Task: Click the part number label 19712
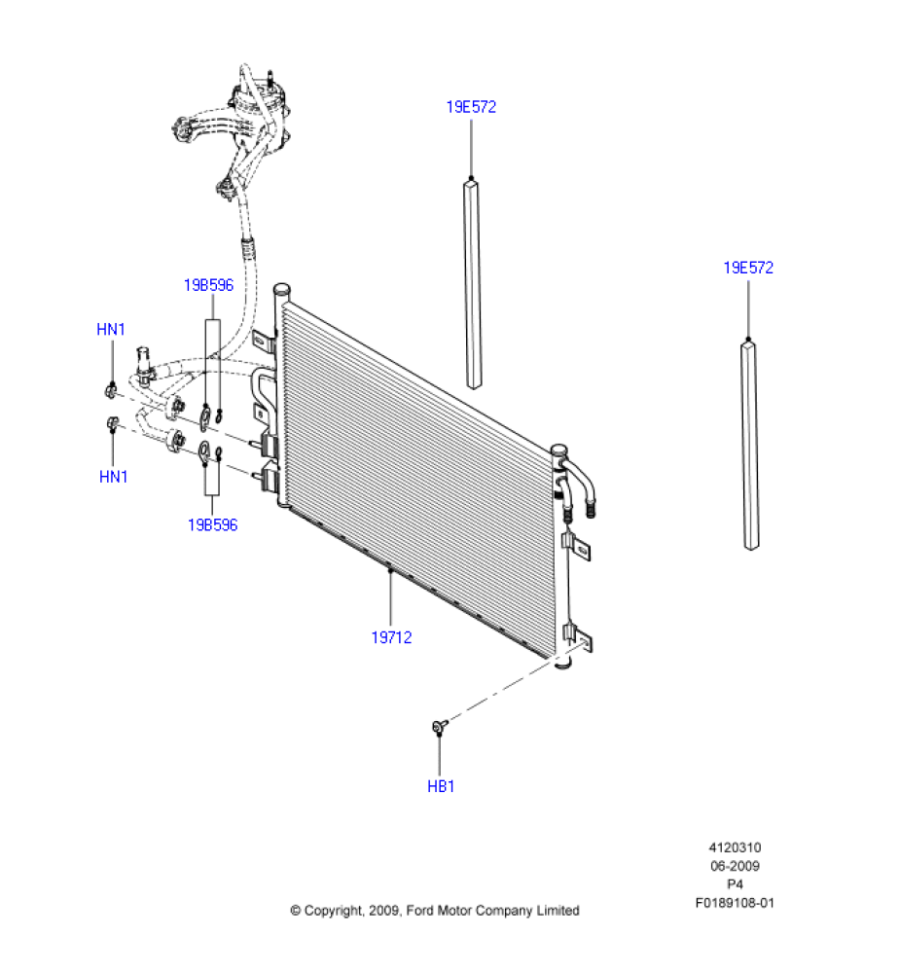391,638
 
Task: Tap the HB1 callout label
441,786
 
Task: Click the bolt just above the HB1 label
438,726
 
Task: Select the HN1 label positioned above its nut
111,330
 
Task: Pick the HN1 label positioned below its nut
114,477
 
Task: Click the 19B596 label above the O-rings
208,285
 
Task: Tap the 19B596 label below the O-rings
212,525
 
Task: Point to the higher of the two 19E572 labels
471,107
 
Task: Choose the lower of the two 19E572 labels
748,268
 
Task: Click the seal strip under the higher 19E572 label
473,282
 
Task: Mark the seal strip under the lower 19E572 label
750,443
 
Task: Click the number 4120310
735,848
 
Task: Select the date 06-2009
735,866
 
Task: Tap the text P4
735,884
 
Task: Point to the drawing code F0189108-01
735,902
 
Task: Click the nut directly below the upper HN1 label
110,391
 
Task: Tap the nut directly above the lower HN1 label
113,423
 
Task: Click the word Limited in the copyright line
558,911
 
